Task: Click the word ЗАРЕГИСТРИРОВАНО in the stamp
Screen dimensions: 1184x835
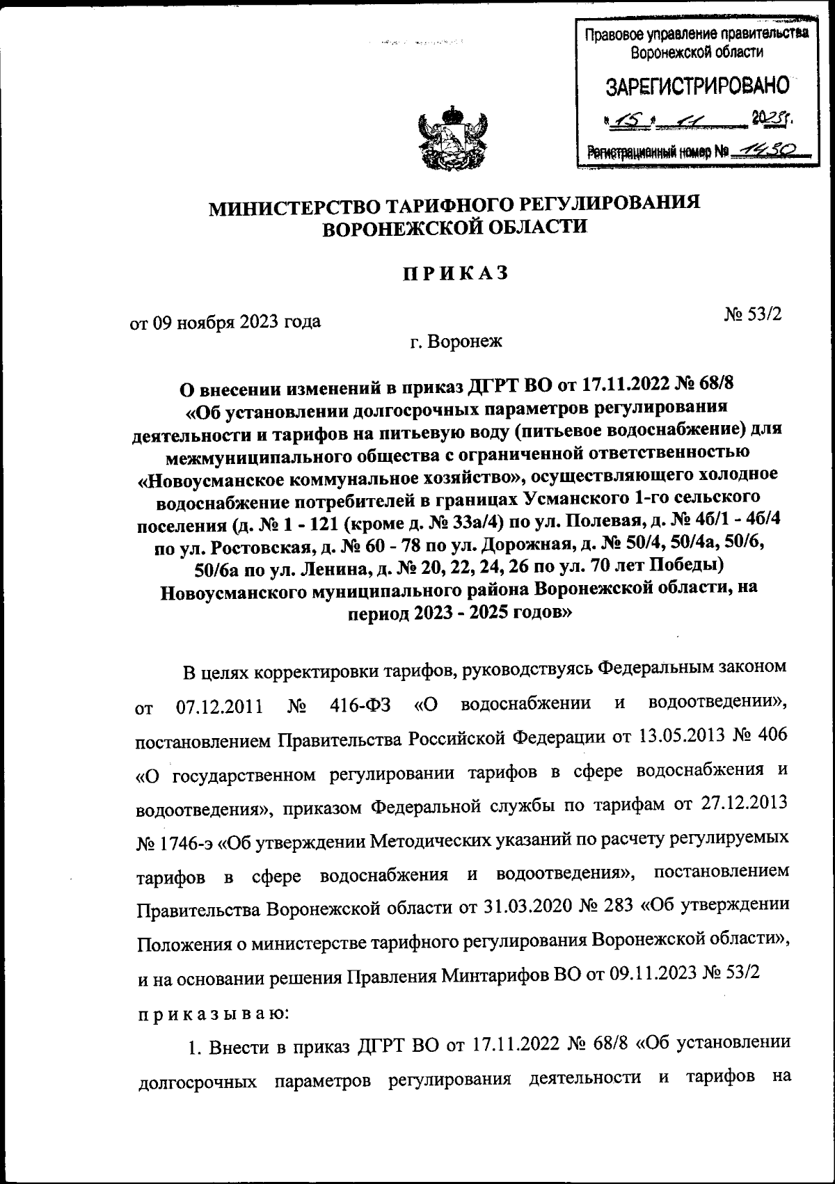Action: [x=698, y=86]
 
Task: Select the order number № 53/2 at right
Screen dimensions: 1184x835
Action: [x=754, y=314]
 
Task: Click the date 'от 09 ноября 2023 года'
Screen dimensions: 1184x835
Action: [x=226, y=322]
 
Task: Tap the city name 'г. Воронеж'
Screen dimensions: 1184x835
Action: [x=456, y=342]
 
